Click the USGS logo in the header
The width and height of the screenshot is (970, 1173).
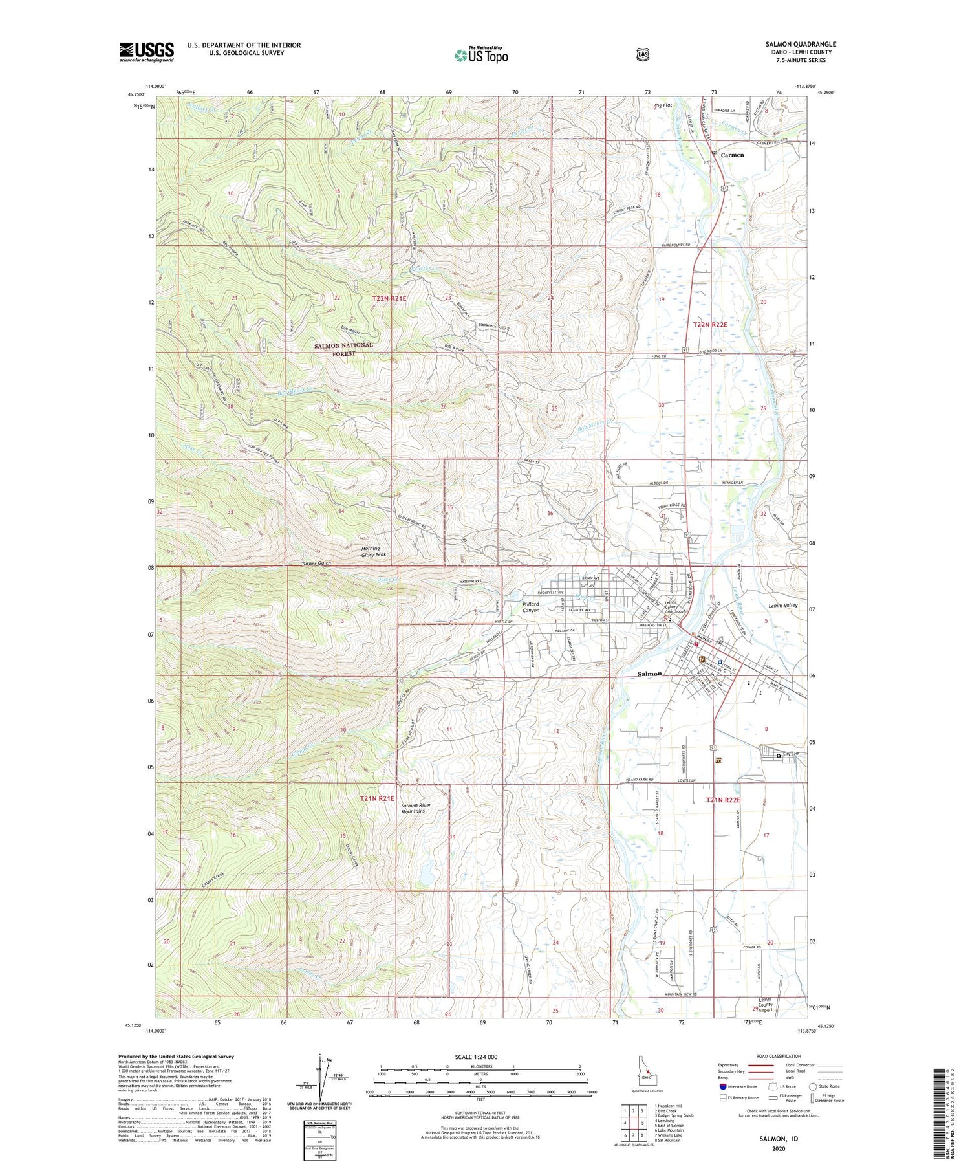pyautogui.click(x=146, y=52)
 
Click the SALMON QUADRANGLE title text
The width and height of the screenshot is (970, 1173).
pyautogui.click(x=800, y=44)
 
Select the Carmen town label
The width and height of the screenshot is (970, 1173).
pyautogui.click(x=732, y=155)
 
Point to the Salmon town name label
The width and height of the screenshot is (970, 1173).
pyautogui.click(x=649, y=674)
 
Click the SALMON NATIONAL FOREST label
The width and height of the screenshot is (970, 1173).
pyautogui.click(x=343, y=349)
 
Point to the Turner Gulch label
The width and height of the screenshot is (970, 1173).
pyautogui.click(x=316, y=564)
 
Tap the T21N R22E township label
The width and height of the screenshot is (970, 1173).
pyautogui.click(x=722, y=800)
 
